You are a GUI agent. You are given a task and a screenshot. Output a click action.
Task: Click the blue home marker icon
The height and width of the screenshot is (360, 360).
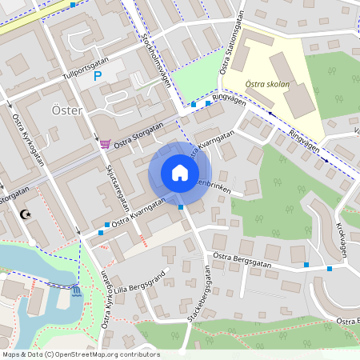[180, 173]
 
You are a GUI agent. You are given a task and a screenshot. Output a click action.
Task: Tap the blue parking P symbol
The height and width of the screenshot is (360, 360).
[98, 77]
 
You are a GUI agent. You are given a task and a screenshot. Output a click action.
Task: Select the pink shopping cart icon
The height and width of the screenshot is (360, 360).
[105, 144]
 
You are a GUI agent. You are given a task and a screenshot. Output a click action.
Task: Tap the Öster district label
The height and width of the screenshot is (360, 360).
[66, 110]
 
